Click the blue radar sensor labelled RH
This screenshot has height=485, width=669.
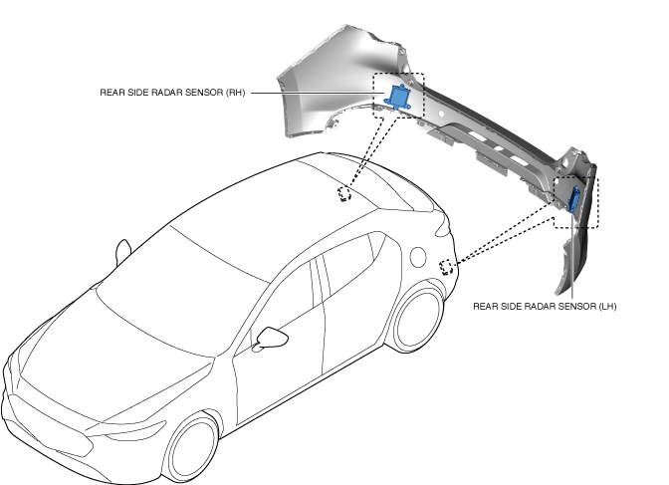click(399, 96)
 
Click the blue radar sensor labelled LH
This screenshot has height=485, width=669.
click(575, 199)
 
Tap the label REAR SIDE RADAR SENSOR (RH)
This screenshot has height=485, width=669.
click(172, 93)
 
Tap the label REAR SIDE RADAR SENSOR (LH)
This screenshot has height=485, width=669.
click(545, 307)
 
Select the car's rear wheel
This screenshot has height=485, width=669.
click(413, 319)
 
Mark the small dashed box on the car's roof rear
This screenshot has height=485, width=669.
click(345, 192)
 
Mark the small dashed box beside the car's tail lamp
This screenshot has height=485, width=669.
click(447, 265)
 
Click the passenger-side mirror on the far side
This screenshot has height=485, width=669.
click(122, 249)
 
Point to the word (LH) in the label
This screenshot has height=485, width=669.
click(605, 307)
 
